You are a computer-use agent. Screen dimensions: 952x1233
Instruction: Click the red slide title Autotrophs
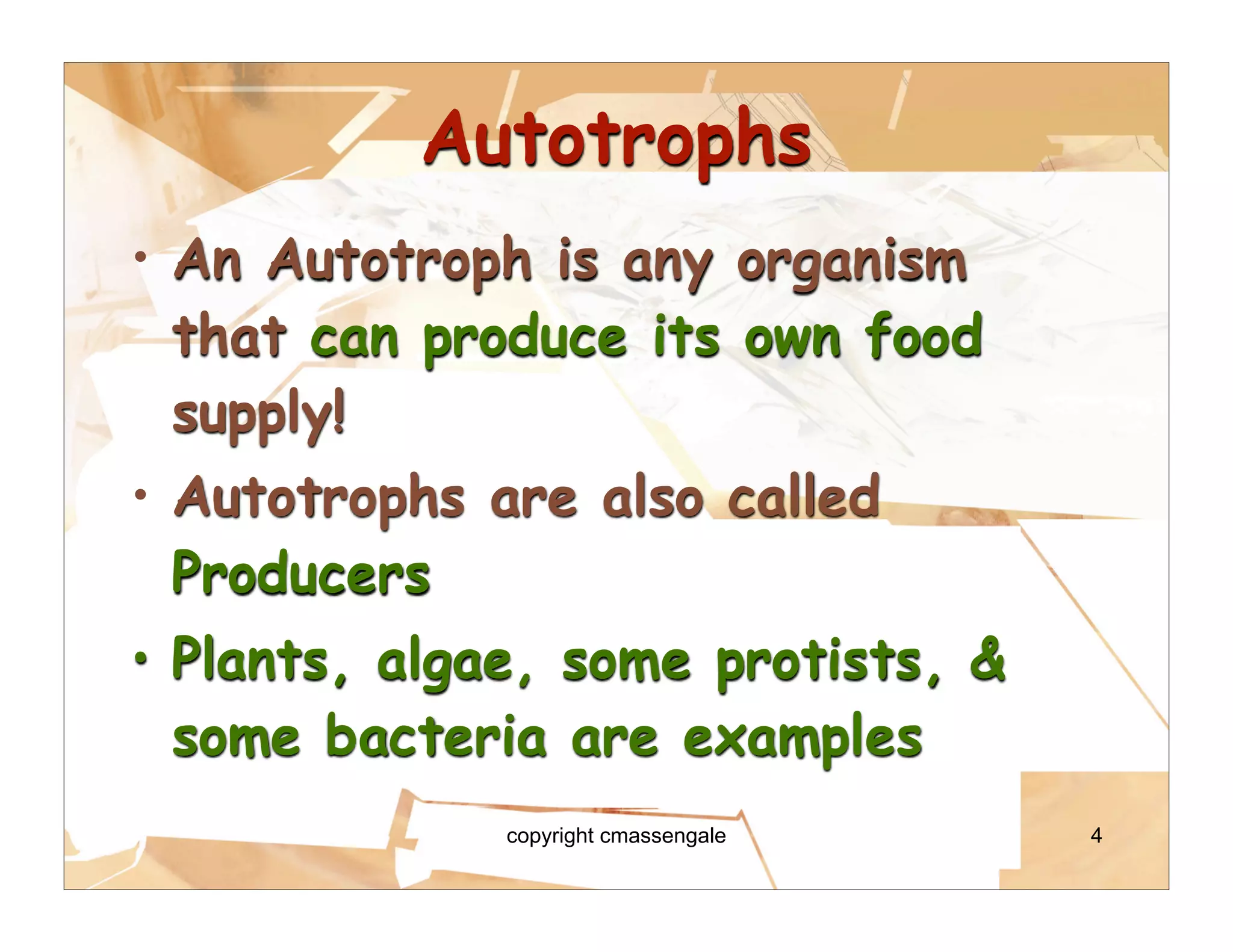[x=617, y=140]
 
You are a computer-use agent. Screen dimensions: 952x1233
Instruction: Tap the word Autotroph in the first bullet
[x=400, y=262]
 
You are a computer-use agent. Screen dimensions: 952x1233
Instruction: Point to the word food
[x=924, y=336]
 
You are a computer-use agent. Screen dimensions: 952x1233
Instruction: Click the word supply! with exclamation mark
[x=259, y=414]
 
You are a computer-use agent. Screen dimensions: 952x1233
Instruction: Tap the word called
[x=804, y=497]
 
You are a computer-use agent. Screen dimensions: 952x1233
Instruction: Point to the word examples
[x=803, y=739]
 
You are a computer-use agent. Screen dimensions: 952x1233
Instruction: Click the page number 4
[x=1096, y=835]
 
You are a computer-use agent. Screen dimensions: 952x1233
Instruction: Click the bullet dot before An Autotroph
[x=140, y=258]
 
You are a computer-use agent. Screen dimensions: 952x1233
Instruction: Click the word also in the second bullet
[x=653, y=497]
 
